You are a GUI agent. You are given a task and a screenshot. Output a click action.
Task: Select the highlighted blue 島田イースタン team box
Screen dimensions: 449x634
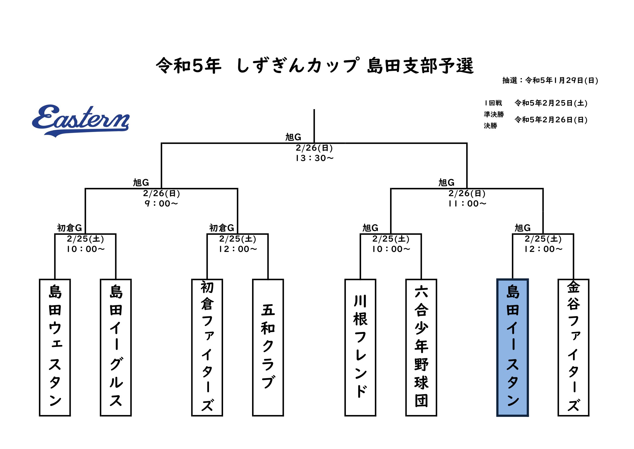click(513, 347)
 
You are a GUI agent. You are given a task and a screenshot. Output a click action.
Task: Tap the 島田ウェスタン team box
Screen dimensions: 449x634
click(55, 347)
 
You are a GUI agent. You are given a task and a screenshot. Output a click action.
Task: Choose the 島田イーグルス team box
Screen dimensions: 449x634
click(116, 347)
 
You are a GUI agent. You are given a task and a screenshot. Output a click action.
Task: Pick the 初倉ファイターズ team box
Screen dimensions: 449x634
click(207, 347)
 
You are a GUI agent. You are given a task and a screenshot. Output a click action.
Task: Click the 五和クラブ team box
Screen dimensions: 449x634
click(268, 347)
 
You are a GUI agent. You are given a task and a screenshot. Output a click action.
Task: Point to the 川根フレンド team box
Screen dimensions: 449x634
click(360, 347)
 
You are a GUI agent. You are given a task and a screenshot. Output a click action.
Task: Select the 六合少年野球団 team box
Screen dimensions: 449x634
click(421, 347)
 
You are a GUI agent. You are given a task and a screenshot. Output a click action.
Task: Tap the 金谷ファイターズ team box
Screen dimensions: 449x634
click(574, 347)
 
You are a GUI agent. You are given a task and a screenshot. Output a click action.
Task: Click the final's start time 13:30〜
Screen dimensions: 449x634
click(314, 158)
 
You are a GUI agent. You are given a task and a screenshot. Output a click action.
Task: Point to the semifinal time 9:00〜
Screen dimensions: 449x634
click(162, 204)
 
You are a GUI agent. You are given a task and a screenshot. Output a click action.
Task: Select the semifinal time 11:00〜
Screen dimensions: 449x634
click(467, 204)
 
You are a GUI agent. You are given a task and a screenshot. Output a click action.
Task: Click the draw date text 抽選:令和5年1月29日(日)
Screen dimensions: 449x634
click(550, 80)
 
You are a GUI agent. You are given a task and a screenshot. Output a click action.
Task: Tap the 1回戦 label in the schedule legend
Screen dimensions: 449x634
click(493, 103)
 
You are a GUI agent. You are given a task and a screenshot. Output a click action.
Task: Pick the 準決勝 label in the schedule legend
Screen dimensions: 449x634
click(494, 114)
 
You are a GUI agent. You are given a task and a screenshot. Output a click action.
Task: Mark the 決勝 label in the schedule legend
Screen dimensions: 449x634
click(490, 126)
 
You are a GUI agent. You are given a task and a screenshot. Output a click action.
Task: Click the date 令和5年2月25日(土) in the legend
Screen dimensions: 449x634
click(551, 103)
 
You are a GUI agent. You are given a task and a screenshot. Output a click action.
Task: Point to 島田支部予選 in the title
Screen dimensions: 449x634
click(420, 66)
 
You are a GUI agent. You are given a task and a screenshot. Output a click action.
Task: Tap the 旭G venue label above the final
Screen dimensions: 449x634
click(293, 137)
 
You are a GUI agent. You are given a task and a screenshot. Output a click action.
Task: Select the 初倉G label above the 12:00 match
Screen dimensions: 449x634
click(221, 228)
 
